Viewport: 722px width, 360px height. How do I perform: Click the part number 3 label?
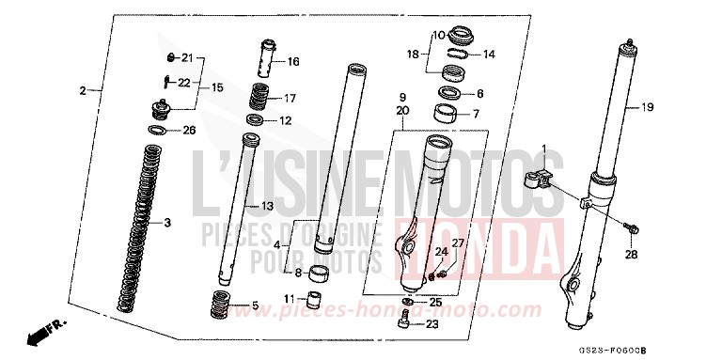click(x=167, y=223)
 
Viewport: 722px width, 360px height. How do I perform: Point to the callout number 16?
click(x=293, y=62)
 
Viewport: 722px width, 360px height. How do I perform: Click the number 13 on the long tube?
click(x=268, y=206)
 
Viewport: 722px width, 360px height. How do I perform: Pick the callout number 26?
click(x=188, y=130)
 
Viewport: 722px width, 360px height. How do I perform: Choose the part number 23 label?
click(x=433, y=324)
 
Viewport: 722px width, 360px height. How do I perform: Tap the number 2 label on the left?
click(x=83, y=90)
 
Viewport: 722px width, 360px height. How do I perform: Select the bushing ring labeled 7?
click(x=447, y=117)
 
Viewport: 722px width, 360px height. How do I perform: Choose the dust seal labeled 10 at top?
click(x=462, y=37)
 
